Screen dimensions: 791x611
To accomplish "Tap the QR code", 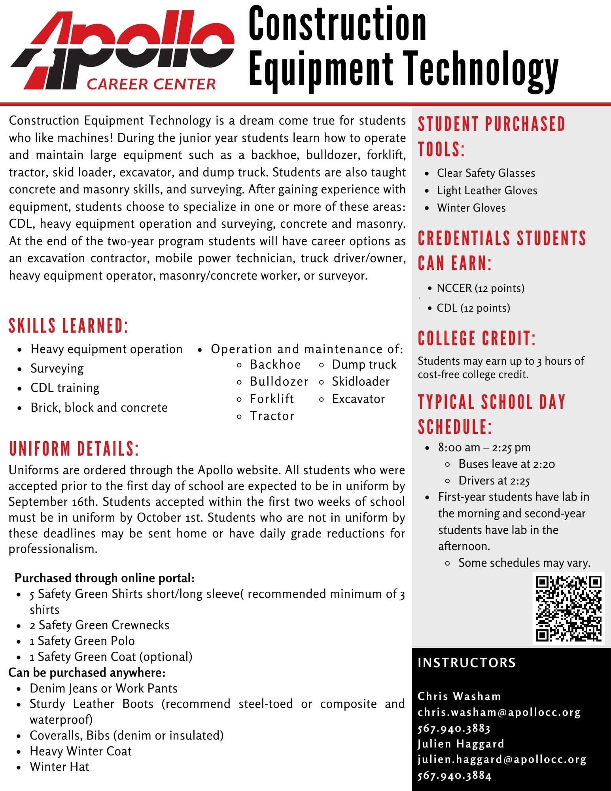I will [x=568, y=608].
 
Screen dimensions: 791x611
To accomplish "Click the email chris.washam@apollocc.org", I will [x=499, y=712].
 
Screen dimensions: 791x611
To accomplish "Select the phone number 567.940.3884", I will [x=454, y=776].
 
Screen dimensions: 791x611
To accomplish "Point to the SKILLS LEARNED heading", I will [x=68, y=326].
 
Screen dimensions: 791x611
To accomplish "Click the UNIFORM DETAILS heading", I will [x=74, y=449].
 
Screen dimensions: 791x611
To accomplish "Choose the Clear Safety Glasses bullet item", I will [x=486, y=173].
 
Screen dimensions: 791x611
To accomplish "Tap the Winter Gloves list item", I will [x=471, y=208].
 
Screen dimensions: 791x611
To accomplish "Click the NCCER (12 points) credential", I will [x=480, y=288].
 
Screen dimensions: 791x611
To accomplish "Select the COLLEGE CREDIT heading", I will [x=477, y=339].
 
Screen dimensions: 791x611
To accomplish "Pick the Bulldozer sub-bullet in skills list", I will [x=279, y=382].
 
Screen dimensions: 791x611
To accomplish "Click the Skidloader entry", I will [x=361, y=382].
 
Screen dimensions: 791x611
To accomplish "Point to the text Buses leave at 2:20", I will [x=507, y=464].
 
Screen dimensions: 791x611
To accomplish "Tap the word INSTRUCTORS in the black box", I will [x=467, y=663].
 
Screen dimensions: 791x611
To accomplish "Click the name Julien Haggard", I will [x=461, y=744].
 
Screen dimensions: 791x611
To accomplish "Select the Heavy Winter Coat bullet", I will [x=81, y=751].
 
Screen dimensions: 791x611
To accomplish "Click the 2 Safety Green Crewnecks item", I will [x=100, y=625].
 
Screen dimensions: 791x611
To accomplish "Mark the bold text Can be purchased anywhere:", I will [x=87, y=672].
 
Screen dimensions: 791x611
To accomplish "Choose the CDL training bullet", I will [x=65, y=388].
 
